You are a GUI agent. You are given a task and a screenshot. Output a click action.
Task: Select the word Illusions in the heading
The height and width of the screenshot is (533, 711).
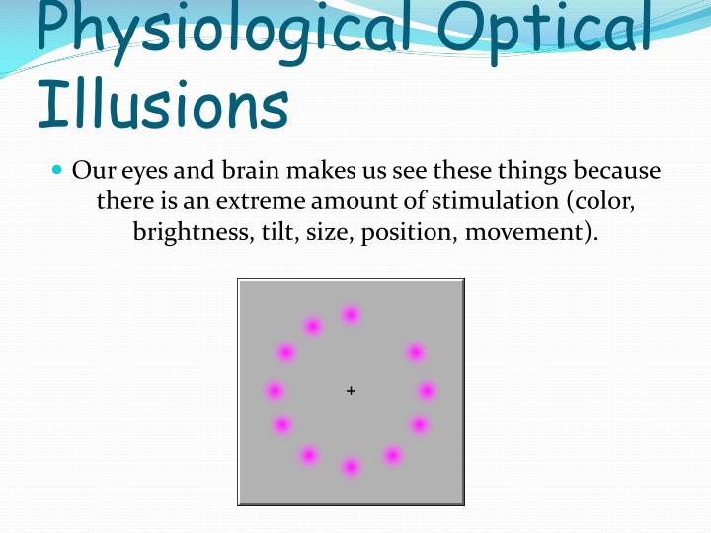point(163,106)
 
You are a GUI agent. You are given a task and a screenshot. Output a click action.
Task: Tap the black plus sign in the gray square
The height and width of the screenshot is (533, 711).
point(351,391)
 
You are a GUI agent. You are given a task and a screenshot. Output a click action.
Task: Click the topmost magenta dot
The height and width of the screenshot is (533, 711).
point(351,315)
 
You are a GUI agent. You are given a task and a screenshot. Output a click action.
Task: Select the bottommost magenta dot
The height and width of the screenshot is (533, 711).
point(351,466)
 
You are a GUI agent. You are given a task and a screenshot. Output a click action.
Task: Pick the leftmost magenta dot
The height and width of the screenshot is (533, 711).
point(275,391)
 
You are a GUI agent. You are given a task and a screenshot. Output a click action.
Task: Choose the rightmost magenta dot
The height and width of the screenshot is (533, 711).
point(427,391)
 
